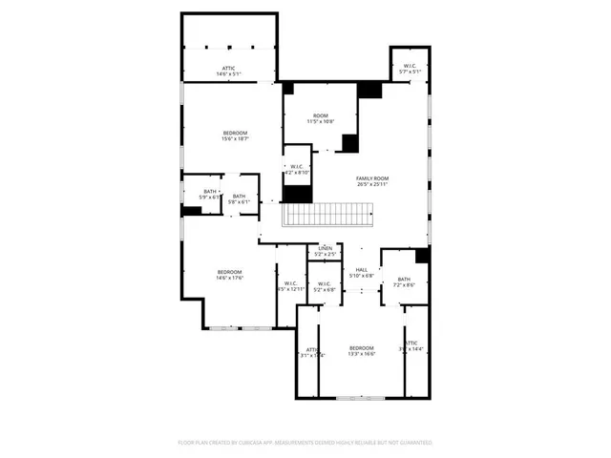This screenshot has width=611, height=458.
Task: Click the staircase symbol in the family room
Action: click(x=326, y=215)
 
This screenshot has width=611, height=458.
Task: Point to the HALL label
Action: click(x=362, y=271)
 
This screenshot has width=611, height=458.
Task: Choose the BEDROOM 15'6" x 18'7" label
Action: click(x=235, y=133)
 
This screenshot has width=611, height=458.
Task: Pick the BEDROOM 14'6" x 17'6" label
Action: click(x=229, y=274)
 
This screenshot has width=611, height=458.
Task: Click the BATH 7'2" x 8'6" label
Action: click(x=404, y=281)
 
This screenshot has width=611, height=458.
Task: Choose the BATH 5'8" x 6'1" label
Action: click(x=238, y=198)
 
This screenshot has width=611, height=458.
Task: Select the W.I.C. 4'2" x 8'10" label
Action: click(x=297, y=170)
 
